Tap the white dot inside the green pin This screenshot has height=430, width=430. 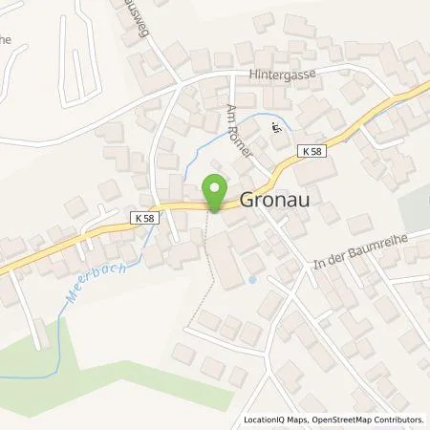pos(215,187)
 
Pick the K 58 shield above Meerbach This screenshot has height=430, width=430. pos(140,218)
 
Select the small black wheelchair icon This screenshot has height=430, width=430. pos(277,129)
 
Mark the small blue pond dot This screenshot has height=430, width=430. pos(250,280)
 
